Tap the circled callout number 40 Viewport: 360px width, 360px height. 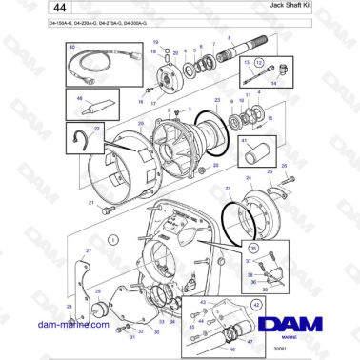coord(71,59)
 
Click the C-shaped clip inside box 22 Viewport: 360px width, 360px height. coord(81,140)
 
